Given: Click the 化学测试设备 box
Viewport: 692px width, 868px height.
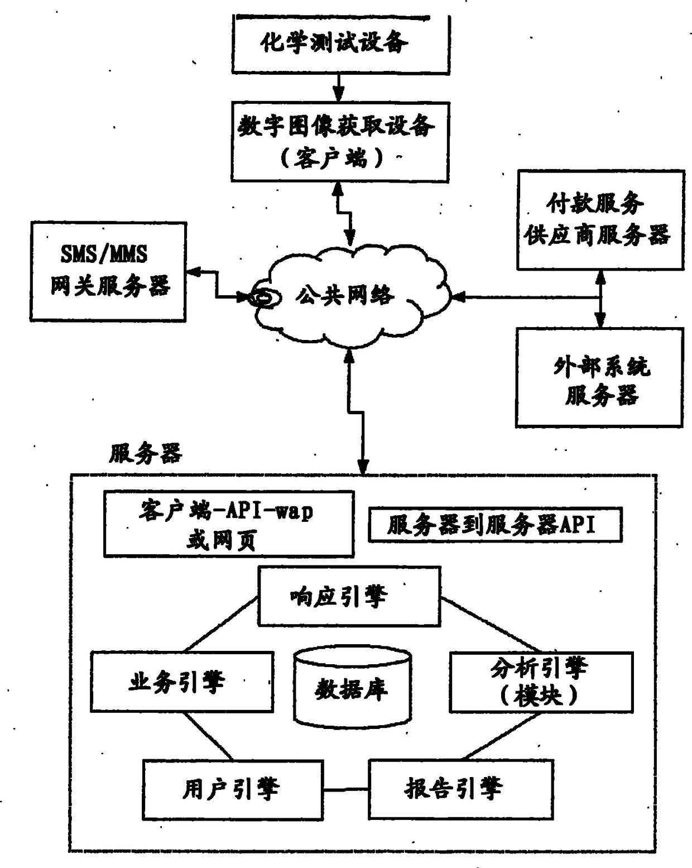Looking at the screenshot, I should pyautogui.click(x=340, y=44).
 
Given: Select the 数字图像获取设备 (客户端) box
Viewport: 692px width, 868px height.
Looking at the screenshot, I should pyautogui.click(x=339, y=141).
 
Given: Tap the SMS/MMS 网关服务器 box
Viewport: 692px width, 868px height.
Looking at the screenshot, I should pyautogui.click(x=108, y=271).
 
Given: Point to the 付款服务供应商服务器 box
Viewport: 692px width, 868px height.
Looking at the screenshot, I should pyautogui.click(x=600, y=220).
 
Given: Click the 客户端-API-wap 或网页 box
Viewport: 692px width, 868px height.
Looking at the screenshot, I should pyautogui.click(x=229, y=524).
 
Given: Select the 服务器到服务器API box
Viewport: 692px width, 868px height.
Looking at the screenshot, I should pyautogui.click(x=494, y=525).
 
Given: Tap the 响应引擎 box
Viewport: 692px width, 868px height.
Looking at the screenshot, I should pyautogui.click(x=349, y=596).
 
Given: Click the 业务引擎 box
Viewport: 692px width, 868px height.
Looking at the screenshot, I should pyautogui.click(x=182, y=682).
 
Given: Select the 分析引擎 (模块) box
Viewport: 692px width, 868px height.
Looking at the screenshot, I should pyautogui.click(x=541, y=682).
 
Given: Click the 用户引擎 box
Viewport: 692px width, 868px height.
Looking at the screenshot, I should pyautogui.click(x=233, y=788).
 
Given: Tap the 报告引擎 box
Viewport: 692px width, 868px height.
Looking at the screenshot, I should pyautogui.click(x=460, y=788).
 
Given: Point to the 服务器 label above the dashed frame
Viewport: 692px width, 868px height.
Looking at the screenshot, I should pyautogui.click(x=145, y=453).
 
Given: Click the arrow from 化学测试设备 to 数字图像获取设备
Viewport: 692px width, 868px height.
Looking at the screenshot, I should pyautogui.click(x=338, y=88).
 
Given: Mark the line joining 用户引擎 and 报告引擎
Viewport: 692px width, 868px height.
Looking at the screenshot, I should pyautogui.click(x=345, y=789).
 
